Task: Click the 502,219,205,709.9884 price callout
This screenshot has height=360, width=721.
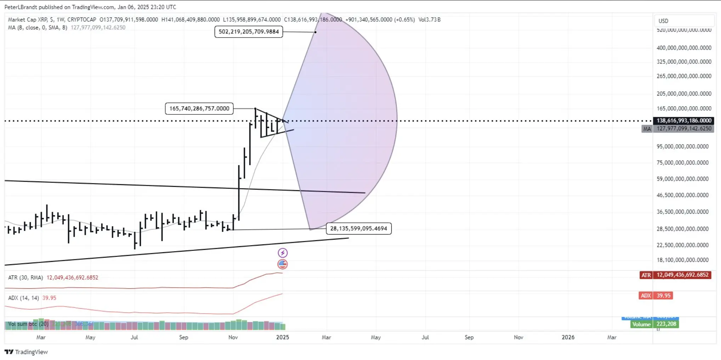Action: click(249, 32)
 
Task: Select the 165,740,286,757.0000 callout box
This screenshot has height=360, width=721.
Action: click(199, 108)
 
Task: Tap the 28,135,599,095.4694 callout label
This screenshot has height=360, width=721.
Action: click(358, 229)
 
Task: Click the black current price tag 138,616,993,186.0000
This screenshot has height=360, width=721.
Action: click(683, 121)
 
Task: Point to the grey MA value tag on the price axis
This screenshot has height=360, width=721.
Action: click(678, 129)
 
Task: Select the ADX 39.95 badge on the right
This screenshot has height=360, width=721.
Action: click(656, 296)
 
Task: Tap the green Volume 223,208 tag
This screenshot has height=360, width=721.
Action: click(655, 324)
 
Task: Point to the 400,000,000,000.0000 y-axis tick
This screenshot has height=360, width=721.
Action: click(684, 48)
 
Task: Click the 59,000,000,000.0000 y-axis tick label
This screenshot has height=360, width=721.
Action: click(682, 179)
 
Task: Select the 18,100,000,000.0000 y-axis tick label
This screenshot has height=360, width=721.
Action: click(682, 260)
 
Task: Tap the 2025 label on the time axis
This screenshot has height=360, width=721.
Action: click(283, 337)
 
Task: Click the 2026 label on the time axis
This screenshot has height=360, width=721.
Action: click(568, 337)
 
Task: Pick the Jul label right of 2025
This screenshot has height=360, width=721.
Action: click(425, 337)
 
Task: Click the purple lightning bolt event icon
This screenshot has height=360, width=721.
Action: click(283, 253)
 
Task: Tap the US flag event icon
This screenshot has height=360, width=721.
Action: click(283, 264)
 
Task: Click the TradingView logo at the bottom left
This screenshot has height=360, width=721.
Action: click(26, 352)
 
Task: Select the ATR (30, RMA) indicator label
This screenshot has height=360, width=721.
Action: click(25, 277)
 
